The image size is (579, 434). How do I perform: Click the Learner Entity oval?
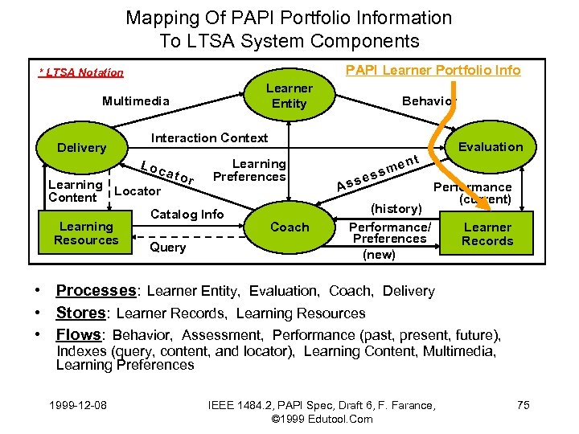(289, 96)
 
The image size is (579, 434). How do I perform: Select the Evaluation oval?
(490, 146)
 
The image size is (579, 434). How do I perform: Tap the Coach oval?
(289, 227)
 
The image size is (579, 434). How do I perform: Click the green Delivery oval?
(81, 148)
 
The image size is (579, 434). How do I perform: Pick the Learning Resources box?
(86, 233)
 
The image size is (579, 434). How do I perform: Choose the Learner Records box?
(487, 234)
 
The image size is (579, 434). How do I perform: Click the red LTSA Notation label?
(82, 73)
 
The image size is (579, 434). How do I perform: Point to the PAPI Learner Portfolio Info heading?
(433, 71)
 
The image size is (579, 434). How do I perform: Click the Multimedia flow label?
(136, 101)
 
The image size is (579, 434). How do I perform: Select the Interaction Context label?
(210, 138)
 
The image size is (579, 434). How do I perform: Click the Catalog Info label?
(188, 214)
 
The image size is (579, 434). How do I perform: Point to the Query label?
(168, 248)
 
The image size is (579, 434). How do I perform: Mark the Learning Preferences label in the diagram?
(250, 170)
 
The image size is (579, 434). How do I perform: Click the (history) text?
(396, 209)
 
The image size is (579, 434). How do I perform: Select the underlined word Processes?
(96, 291)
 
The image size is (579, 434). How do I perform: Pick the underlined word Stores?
(81, 313)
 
